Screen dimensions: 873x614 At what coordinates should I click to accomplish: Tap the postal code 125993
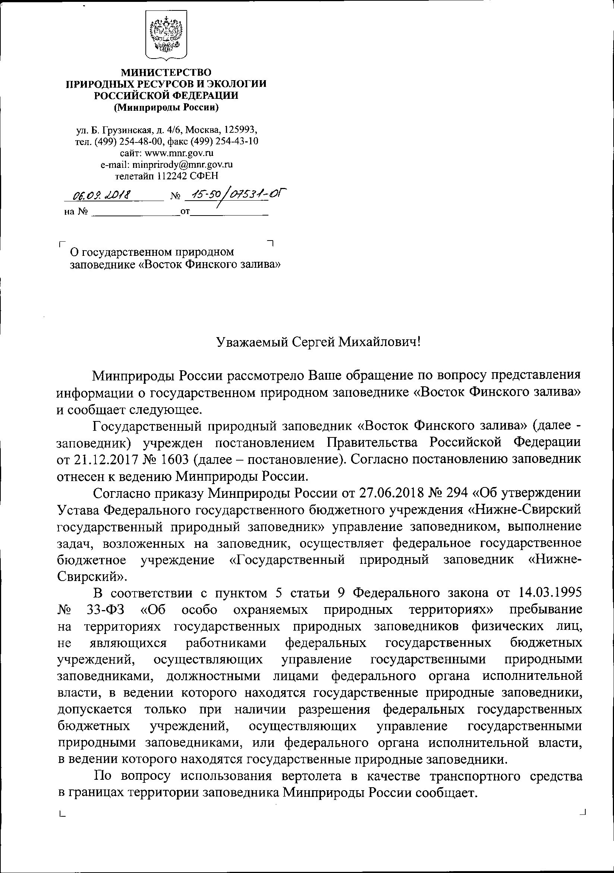point(243,130)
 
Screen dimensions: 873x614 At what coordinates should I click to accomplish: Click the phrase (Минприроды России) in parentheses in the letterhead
point(166,108)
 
